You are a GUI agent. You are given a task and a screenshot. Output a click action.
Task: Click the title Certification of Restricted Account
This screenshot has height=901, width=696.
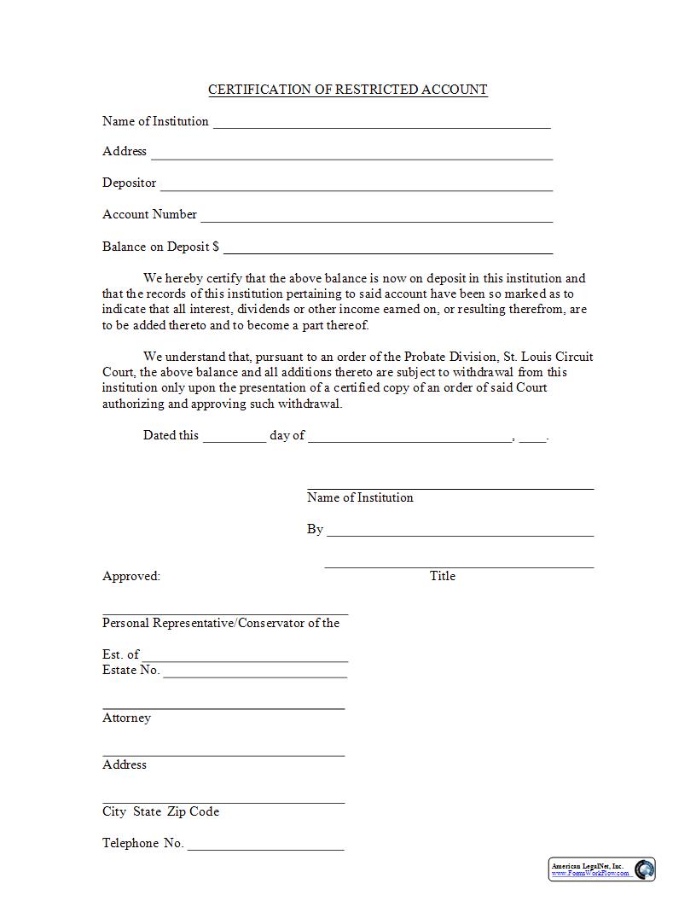point(348,90)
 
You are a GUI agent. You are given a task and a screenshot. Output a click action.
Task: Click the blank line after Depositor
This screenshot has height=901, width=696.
point(357,189)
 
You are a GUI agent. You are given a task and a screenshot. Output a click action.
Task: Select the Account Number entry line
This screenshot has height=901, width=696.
point(376,220)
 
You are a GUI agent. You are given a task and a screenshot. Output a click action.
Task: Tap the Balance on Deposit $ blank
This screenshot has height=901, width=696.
point(388,252)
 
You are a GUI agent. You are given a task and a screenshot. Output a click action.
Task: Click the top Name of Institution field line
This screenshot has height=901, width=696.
point(381,126)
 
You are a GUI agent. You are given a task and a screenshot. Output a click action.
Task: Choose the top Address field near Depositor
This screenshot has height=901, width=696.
point(351,157)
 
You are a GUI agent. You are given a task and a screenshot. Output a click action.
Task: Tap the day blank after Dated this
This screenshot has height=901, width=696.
point(235,440)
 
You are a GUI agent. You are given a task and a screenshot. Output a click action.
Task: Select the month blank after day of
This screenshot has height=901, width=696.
point(409,440)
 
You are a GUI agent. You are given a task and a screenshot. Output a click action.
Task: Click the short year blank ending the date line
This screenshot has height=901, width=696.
point(532,440)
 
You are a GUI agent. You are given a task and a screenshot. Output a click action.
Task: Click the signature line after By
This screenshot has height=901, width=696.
point(460,535)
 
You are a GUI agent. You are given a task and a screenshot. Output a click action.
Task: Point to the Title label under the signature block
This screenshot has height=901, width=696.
point(443,576)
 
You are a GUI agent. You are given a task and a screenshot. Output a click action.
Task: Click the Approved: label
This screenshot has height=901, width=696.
point(131,576)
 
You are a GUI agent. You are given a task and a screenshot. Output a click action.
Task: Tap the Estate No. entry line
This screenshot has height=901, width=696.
point(255,676)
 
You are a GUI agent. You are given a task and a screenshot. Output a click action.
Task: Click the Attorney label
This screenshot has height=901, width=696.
point(126,718)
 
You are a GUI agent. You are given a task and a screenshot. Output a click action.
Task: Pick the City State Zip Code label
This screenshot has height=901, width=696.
point(160,811)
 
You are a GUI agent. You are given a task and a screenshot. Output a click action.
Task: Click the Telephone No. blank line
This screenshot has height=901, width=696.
point(265,849)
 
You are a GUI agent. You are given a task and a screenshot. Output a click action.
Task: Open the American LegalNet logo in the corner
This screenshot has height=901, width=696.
point(601,869)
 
